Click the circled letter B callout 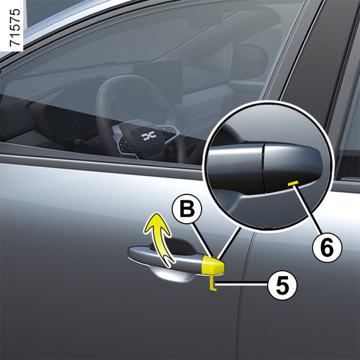[187, 209]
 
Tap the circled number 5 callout [282, 285]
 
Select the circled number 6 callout [327, 247]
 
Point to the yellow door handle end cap [213, 266]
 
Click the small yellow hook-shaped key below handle [212, 284]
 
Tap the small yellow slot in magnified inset [293, 183]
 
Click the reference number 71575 [14, 28]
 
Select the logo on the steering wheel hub [149, 136]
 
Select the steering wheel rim [103, 110]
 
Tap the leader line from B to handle [202, 239]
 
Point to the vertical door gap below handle [241, 322]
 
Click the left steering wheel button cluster [125, 144]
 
